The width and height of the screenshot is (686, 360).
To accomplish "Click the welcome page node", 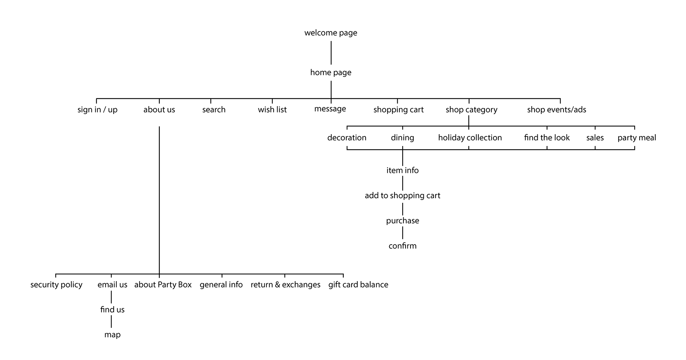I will click(x=330, y=33).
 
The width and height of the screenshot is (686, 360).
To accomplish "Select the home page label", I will click(x=330, y=72).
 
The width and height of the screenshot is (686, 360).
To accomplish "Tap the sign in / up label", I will click(x=97, y=110).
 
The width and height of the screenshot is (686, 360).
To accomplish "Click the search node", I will click(x=214, y=110).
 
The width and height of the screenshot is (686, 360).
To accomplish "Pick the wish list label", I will click(x=272, y=110).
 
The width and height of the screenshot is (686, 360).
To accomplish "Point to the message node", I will click(x=330, y=109).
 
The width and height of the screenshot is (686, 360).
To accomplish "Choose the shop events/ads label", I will click(x=556, y=110).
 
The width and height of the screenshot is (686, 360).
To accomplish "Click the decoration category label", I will click(x=347, y=138).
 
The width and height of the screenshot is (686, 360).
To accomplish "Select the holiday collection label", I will click(x=470, y=138).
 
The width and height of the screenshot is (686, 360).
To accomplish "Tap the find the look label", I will click(x=547, y=138).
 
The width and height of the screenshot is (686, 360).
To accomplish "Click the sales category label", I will click(x=595, y=138).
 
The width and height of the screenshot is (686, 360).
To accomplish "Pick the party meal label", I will click(x=637, y=138).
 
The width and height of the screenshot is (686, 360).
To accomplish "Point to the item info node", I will click(x=402, y=170).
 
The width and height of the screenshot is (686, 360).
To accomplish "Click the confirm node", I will click(x=402, y=246).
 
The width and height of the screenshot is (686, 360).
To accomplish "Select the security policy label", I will click(x=56, y=285).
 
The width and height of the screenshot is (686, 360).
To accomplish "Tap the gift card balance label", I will click(x=358, y=285).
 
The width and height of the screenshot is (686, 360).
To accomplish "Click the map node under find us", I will click(x=112, y=335).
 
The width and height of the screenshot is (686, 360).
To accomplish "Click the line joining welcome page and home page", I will click(x=331, y=52).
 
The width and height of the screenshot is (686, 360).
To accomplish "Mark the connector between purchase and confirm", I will click(x=403, y=233).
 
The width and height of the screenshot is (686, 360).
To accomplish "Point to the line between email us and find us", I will click(x=111, y=297).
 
